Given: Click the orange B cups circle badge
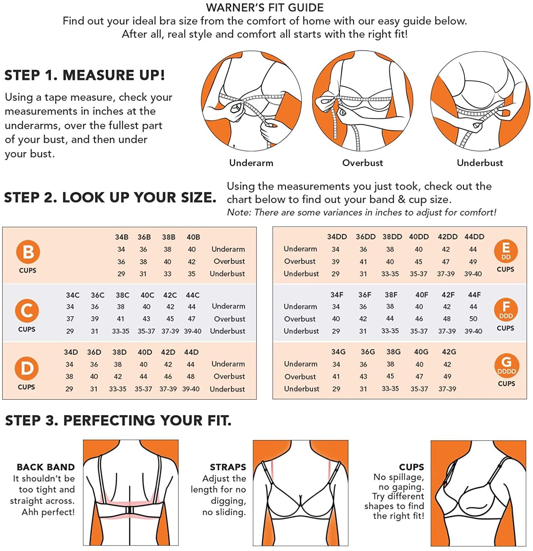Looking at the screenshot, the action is pyautogui.click(x=28, y=252).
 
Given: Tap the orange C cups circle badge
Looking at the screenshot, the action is pyautogui.click(x=27, y=311).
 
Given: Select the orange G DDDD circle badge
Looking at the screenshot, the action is pyautogui.click(x=507, y=365).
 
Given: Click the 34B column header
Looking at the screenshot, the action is pyautogui.click(x=122, y=237).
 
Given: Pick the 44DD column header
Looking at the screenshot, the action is pyautogui.click(x=474, y=237).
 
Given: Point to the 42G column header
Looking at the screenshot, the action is pyautogui.click(x=449, y=352).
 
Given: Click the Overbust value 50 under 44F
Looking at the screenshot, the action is pyautogui.click(x=473, y=319).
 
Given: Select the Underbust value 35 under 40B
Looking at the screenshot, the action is pyautogui.click(x=192, y=274).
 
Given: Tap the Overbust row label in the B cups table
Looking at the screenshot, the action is pyautogui.click(x=229, y=261).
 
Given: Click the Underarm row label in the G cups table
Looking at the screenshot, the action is pyautogui.click(x=300, y=364).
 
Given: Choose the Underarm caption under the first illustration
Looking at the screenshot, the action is pyautogui.click(x=251, y=163).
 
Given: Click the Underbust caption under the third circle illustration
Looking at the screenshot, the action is pyautogui.click(x=480, y=163).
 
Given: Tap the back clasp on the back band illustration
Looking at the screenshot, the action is pyautogui.click(x=129, y=511).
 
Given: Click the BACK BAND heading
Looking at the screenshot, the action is pyautogui.click(x=46, y=467).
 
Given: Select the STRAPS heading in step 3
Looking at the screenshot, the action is pyautogui.click(x=228, y=467).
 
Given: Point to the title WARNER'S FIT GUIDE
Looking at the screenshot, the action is pyautogui.click(x=265, y=7).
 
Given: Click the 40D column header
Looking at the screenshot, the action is pyautogui.click(x=145, y=352).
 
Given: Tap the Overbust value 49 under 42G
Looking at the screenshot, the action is pyautogui.click(x=447, y=377).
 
